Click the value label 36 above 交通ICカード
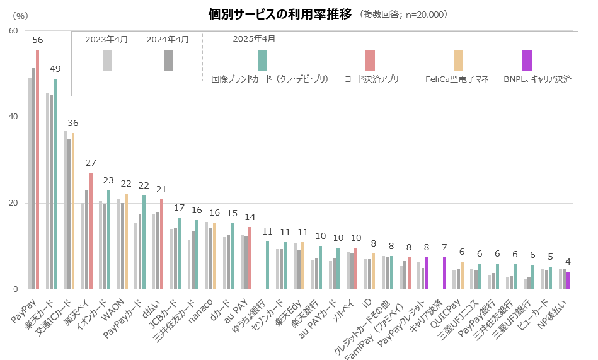click(73, 123)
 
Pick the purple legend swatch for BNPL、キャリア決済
click(527, 61)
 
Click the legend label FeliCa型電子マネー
click(459, 79)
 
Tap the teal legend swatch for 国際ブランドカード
click(262, 61)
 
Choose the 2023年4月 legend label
click(106, 39)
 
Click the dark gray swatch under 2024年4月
click(168, 61)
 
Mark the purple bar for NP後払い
click(568, 281)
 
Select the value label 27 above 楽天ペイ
click(91, 163)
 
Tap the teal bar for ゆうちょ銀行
click(267, 265)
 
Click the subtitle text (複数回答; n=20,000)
click(403, 15)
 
